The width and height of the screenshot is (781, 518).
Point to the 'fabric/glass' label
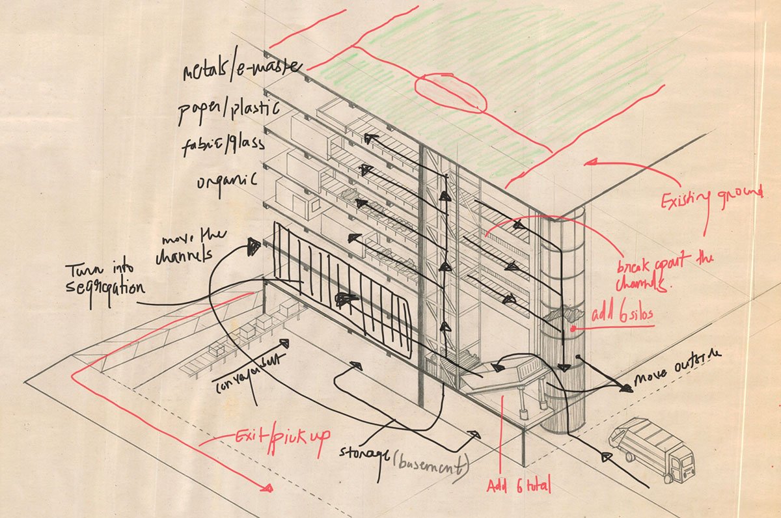(223, 144)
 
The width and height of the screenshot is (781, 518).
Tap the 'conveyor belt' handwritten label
(248, 375)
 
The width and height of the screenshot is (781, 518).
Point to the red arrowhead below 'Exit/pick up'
(265, 486)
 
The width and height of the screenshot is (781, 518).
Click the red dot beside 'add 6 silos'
(573, 329)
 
